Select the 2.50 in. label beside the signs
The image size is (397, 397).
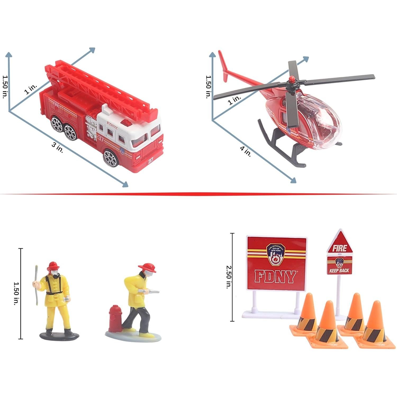pos(228,277)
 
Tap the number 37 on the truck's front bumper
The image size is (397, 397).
pos(151,161)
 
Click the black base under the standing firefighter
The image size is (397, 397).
pos(59,336)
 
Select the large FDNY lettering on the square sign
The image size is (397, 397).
pos(275,277)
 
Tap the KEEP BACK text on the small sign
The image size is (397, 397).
pos(339,270)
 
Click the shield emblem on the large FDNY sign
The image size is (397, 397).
pos(276,254)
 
